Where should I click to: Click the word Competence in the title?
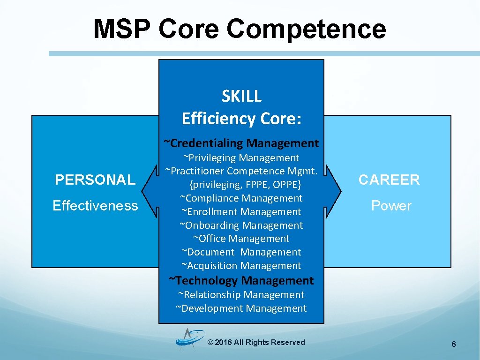tap(306, 29)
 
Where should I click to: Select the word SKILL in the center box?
tap(241, 96)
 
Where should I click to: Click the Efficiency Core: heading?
tap(241, 119)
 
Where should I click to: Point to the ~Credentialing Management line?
tap(241, 142)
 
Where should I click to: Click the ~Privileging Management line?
tap(241, 158)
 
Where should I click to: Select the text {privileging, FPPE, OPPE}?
tap(241, 185)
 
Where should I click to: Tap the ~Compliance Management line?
tap(241, 198)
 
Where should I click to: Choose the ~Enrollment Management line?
tap(241, 212)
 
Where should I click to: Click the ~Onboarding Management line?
tap(241, 225)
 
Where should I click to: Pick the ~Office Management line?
tap(241, 239)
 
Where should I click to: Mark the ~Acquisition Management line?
tap(241, 266)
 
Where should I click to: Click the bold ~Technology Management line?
tap(241, 280)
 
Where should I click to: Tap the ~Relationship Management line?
tap(241, 295)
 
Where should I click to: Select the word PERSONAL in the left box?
tap(95, 180)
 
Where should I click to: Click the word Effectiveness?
tap(95, 205)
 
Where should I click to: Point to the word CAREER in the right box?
tap(389, 180)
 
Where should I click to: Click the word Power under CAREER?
tap(391, 205)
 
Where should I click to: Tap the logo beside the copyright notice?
tap(188, 339)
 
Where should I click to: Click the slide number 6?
tap(453, 345)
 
